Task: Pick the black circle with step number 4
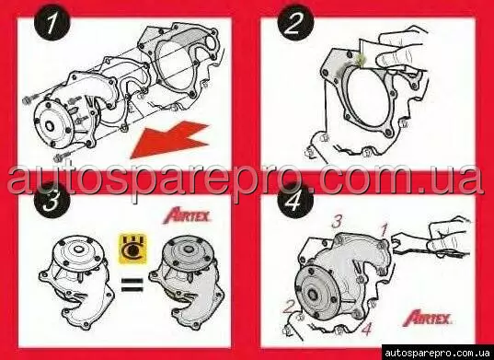click(x=295, y=202)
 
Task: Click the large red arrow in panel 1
click(x=170, y=140)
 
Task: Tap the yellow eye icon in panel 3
click(x=132, y=250)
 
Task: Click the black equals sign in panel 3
click(x=132, y=284)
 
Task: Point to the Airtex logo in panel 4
click(x=428, y=318)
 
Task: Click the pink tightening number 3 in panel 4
click(x=337, y=222)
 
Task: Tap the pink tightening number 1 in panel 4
click(x=384, y=231)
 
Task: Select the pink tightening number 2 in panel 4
click(x=288, y=307)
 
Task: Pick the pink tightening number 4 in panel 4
click(x=366, y=329)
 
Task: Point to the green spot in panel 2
click(x=359, y=60)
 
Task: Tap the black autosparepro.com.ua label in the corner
click(x=438, y=353)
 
